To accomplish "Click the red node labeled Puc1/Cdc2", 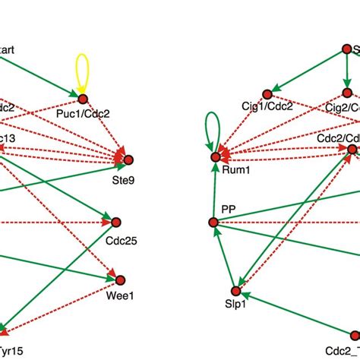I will point(82,99).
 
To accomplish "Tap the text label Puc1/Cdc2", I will point(84,115).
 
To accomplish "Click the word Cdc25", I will point(118,237).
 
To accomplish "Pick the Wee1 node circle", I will point(119,279).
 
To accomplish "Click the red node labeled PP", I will point(213,222).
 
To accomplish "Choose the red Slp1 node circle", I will point(235,292).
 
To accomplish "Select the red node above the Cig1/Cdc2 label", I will point(267,94).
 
